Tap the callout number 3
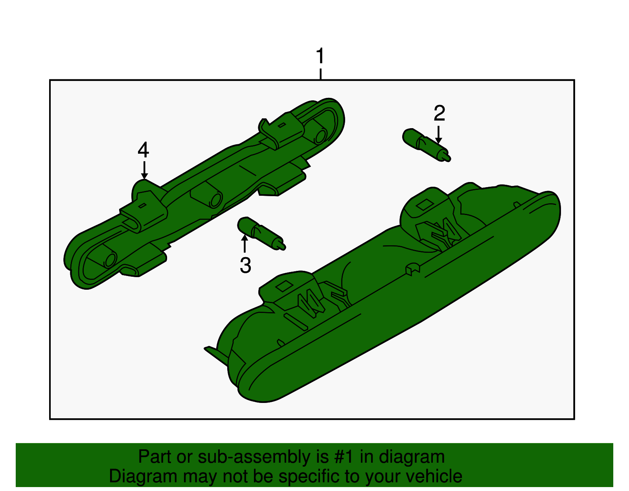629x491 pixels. pos(245,265)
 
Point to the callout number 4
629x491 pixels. pos(143,150)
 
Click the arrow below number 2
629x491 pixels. pos(439,135)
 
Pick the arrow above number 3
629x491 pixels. pos(245,244)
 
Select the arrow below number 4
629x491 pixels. pos(144,171)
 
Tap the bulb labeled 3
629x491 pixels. pos(261,233)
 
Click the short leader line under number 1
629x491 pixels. pos(320,74)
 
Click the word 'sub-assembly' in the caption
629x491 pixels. pos(263,457)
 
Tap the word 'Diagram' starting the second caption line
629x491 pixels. pos(143,477)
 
